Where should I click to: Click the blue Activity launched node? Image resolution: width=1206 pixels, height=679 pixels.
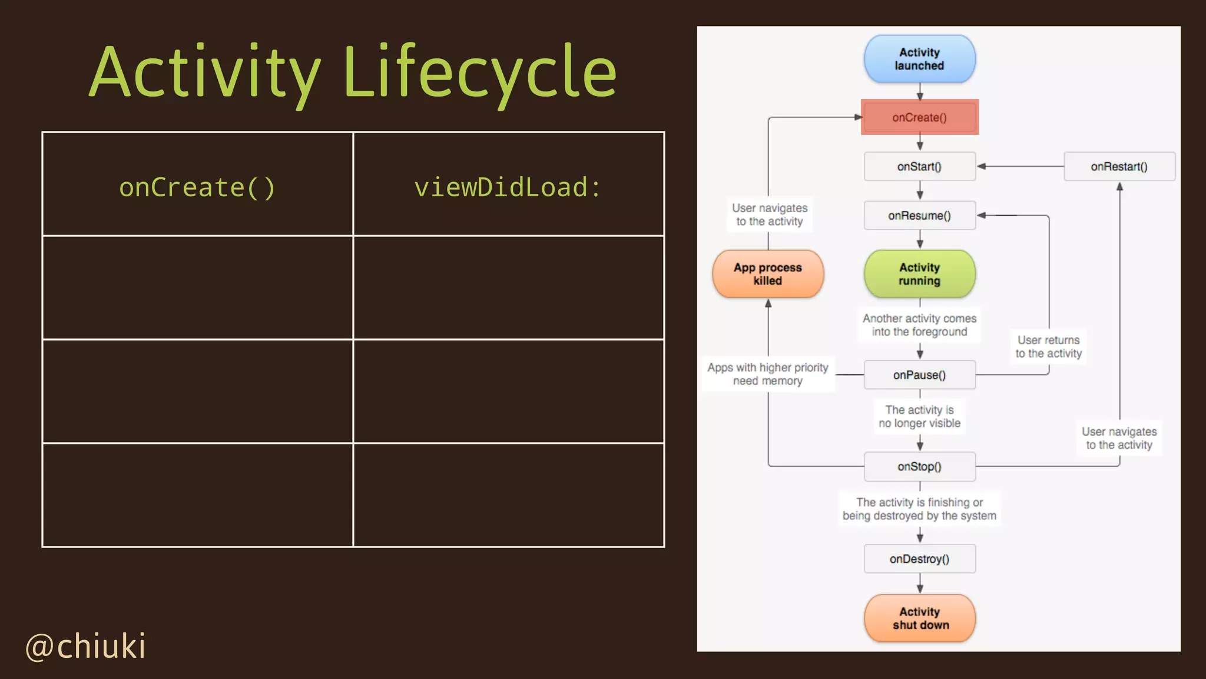[919, 59]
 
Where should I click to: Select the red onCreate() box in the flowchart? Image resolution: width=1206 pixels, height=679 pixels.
[919, 117]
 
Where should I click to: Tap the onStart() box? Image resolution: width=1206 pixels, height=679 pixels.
[919, 167]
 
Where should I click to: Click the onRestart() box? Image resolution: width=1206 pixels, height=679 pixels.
[1119, 167]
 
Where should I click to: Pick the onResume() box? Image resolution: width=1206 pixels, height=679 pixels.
[919, 216]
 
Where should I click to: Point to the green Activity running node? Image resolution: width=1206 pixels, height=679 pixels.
[919, 274]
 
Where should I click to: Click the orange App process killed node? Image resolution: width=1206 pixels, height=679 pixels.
[768, 274]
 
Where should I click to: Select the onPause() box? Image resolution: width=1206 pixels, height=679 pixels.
[919, 375]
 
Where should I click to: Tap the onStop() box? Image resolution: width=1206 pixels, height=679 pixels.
[919, 467]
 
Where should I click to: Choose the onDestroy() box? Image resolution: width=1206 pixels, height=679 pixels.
[919, 559]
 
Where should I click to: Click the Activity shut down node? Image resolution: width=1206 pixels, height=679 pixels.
[919, 618]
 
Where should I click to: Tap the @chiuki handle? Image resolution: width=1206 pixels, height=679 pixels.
[86, 646]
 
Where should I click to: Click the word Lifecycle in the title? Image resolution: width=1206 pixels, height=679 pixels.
[479, 73]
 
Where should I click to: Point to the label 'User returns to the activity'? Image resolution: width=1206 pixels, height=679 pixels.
[1048, 347]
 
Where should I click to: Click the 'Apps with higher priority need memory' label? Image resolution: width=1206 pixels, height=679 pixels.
[768, 374]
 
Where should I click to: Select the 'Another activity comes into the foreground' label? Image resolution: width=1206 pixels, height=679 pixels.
[919, 325]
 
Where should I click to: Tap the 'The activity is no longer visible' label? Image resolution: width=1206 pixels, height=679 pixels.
[919, 416]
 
